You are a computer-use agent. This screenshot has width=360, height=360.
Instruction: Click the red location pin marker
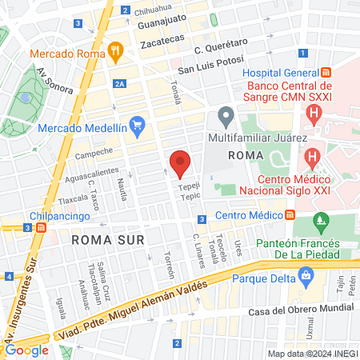pyautogui.click(x=180, y=163)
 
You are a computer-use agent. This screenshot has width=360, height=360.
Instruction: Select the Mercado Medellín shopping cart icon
pyautogui.click(x=137, y=126)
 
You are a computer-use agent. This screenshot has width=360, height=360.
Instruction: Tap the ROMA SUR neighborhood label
pyautogui.click(x=100, y=239)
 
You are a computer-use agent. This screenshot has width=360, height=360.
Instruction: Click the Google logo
pyautogui.click(x=27, y=350)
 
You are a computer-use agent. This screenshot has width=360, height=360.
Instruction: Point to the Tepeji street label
pyautogui.click(x=190, y=182)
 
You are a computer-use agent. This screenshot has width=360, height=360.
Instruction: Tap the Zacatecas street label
pyautogui.click(x=158, y=38)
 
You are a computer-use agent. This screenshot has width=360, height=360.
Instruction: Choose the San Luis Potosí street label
pyautogui.click(x=209, y=68)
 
